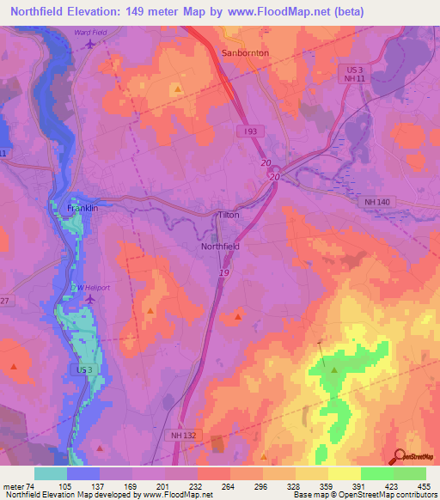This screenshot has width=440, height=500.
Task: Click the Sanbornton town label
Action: (245, 52)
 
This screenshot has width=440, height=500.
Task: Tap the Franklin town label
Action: (83, 208)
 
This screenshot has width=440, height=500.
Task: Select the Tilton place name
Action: (228, 215)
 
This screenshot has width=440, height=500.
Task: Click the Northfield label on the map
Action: (220, 246)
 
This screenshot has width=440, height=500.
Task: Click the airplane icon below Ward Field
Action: (92, 45)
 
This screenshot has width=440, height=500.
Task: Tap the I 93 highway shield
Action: (249, 129)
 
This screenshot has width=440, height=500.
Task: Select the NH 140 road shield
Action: (371, 200)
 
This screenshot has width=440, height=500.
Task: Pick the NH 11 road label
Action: (351, 78)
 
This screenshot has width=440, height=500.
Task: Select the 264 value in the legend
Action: (205, 486)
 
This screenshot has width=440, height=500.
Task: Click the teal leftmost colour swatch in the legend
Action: (51, 473)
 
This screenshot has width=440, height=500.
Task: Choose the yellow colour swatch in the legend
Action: (344, 473)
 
